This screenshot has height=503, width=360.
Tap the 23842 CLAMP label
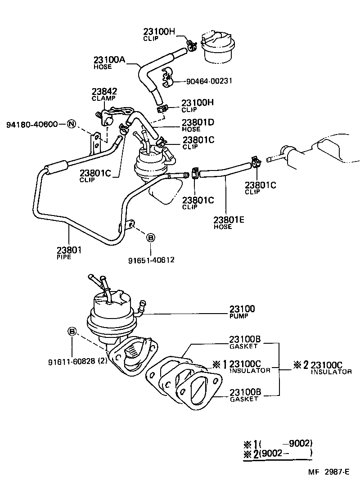(x=104, y=94)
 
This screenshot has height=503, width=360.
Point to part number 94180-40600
(x=32, y=124)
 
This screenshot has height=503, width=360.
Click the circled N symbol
(x=71, y=124)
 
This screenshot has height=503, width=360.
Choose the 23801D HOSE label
(x=198, y=125)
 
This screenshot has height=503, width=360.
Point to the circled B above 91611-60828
(x=72, y=332)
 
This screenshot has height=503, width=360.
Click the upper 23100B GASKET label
(x=245, y=342)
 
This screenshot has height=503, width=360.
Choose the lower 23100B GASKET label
(x=245, y=395)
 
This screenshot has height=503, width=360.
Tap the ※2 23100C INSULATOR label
(x=322, y=368)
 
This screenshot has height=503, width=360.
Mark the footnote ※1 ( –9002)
(x=278, y=443)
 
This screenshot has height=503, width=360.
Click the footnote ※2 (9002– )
(x=278, y=454)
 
